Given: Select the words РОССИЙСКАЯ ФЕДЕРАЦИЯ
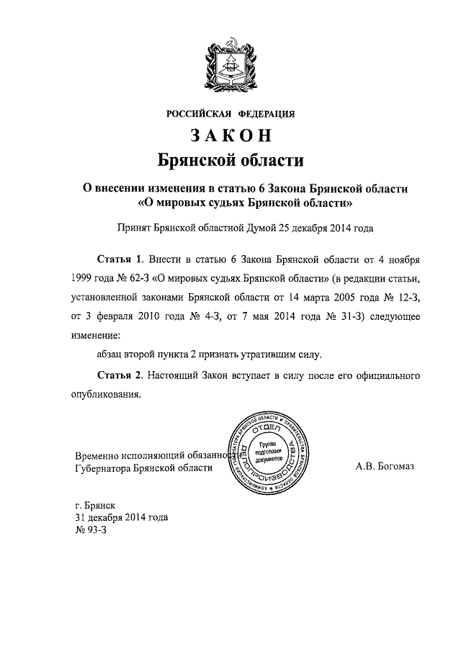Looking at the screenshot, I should tap(230, 113).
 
